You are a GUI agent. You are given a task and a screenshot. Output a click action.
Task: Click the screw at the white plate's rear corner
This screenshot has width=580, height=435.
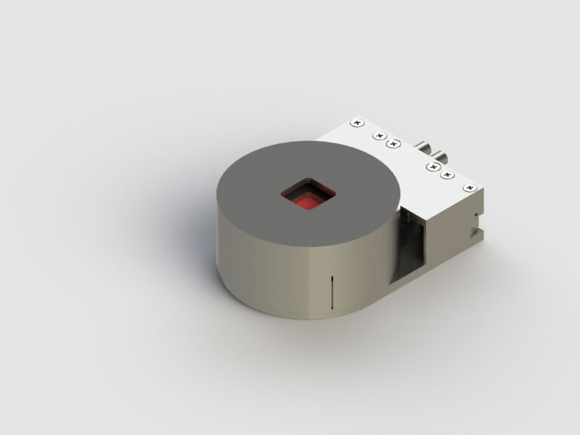point(357,121)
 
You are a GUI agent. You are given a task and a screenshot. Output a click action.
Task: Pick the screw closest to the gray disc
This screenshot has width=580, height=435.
point(393,143)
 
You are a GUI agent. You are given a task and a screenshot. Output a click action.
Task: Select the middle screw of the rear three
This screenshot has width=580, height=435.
point(378,136)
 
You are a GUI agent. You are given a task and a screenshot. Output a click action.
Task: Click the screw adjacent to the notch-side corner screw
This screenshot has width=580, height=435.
point(448,175)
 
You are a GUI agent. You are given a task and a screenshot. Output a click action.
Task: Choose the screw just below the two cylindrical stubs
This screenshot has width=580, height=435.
point(433,166)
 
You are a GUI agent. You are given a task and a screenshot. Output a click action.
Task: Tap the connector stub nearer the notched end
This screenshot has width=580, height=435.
point(441,158)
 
